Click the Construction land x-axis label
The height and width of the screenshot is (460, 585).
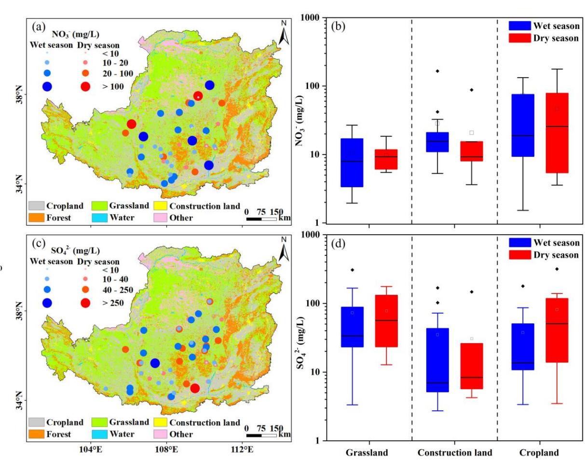point(454,453)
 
